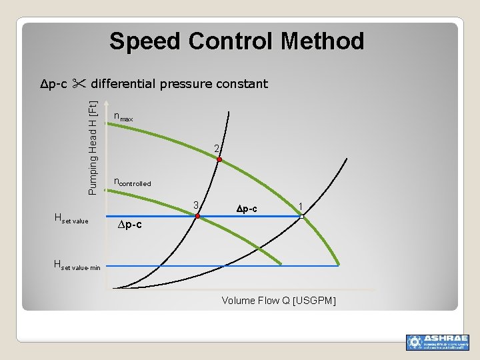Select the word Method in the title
[322, 42]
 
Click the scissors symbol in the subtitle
[79, 84]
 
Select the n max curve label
[123, 117]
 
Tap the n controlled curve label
[133, 182]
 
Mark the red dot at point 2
[219, 160]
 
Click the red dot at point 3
[197, 216]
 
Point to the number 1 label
[301, 205]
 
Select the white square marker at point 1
[301, 216]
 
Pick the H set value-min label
[77, 266]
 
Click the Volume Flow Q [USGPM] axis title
[279, 301]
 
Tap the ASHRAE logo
[437, 342]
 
